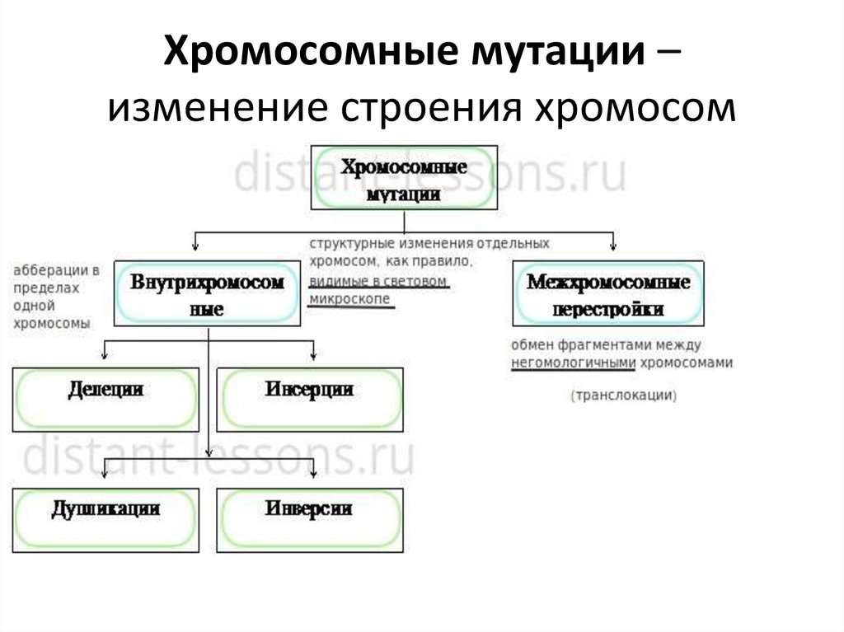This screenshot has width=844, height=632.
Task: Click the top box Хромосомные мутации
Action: point(404,177)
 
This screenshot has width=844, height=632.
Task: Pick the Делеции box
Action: point(105,399)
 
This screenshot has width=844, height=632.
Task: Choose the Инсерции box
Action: point(310,399)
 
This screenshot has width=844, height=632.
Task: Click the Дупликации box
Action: point(105,520)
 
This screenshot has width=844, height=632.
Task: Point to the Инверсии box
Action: point(310,520)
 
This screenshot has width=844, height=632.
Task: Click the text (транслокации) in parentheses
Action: point(622,396)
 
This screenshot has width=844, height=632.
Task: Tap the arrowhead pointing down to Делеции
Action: point(105,356)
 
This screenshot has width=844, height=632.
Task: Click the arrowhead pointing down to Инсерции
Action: point(313,356)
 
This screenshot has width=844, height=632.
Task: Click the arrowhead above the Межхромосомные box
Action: point(612,243)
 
